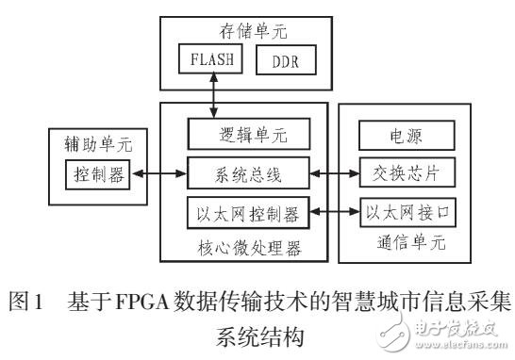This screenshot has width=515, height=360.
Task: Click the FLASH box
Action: (207, 62)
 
